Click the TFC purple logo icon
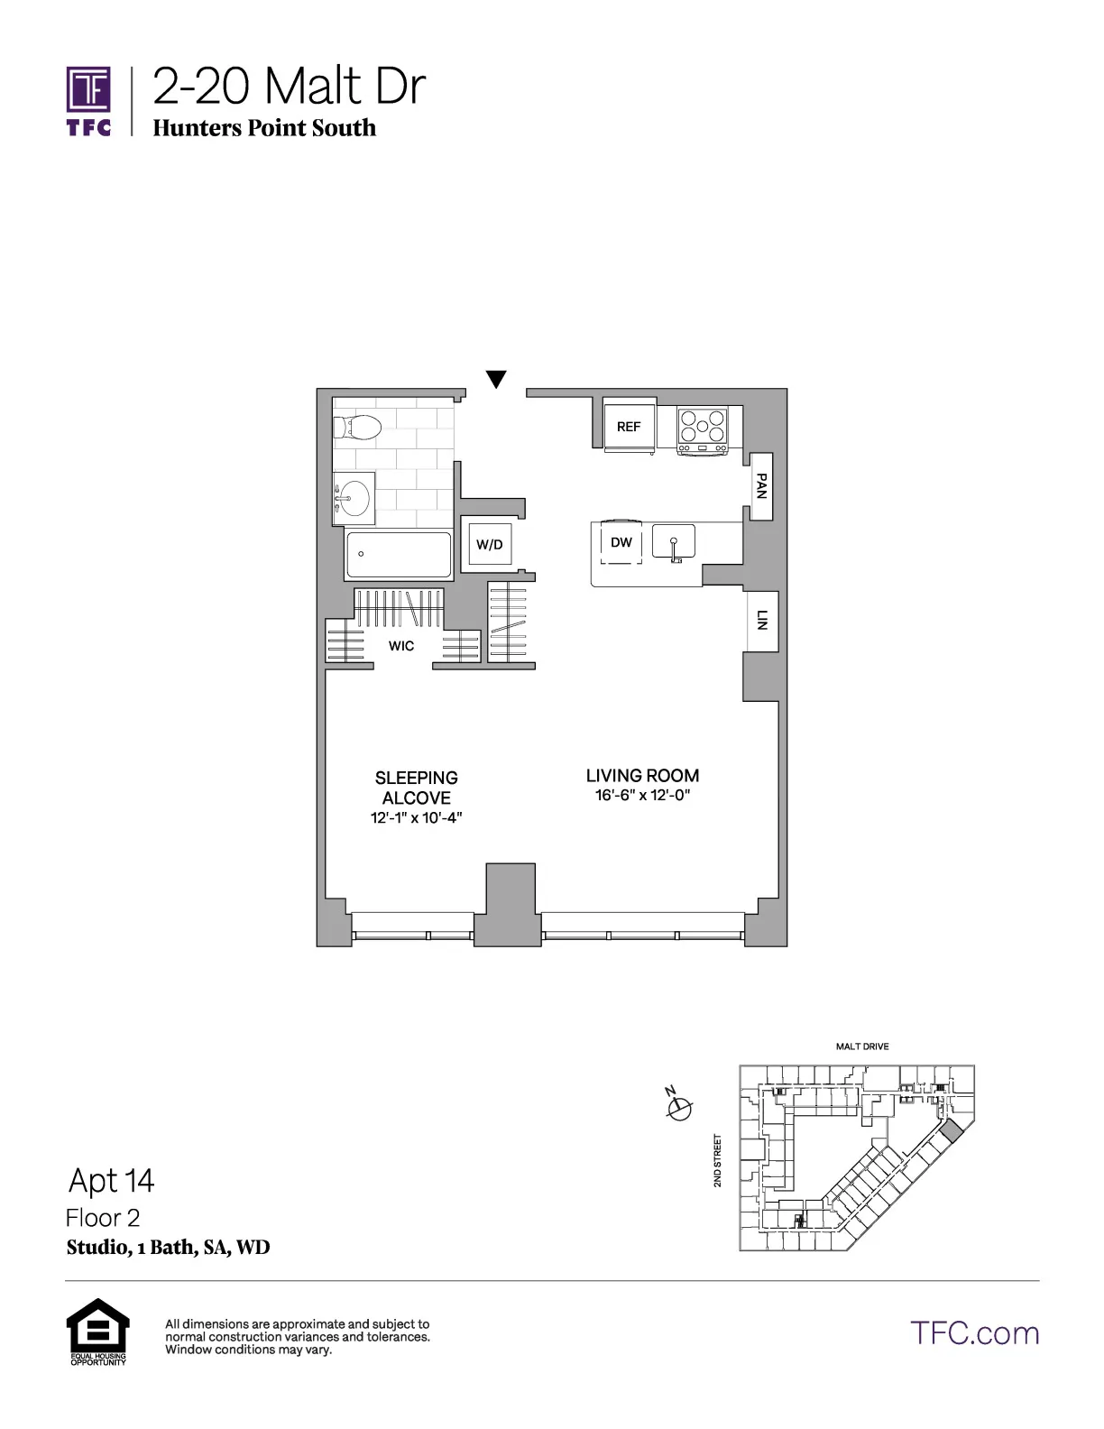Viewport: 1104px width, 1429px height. (x=88, y=90)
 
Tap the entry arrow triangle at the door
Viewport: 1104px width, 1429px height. (x=495, y=379)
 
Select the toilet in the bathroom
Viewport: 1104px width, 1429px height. (x=359, y=428)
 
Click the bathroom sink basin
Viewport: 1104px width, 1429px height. (x=354, y=497)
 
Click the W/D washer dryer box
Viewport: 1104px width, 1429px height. (x=489, y=544)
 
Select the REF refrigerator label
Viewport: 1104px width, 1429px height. (x=629, y=426)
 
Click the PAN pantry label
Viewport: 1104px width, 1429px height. (x=761, y=486)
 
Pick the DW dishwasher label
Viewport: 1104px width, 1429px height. (x=621, y=542)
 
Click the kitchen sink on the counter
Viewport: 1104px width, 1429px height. (x=674, y=543)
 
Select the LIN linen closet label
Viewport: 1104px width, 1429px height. (x=761, y=620)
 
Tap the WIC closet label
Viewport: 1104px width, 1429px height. (x=401, y=646)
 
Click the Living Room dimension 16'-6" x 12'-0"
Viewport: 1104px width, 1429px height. (x=642, y=796)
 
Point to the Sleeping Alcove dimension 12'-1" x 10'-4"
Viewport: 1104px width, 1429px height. (x=416, y=818)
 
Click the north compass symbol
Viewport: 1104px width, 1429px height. (x=678, y=1107)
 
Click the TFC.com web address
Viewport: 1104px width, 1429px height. (x=974, y=1333)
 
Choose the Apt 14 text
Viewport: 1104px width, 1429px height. (x=112, y=1180)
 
